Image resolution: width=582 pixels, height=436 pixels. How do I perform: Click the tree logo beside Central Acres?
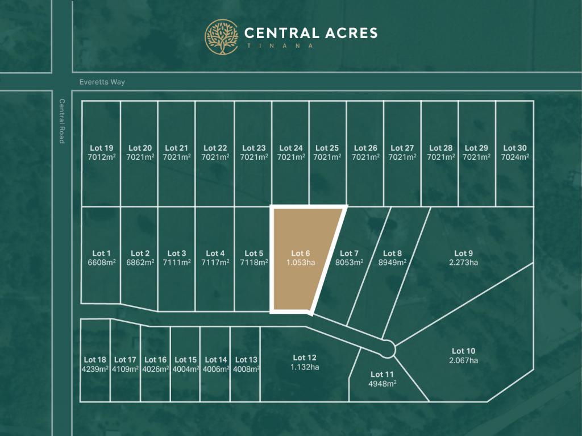click(x=222, y=37)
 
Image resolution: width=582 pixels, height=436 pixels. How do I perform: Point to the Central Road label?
click(x=61, y=121)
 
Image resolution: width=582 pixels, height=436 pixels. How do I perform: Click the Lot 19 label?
click(x=101, y=148)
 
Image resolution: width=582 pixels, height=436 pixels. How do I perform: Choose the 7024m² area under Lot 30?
click(x=515, y=157)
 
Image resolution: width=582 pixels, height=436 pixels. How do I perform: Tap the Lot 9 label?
click(x=463, y=254)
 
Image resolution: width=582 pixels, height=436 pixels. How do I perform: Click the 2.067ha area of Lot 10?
click(x=463, y=360)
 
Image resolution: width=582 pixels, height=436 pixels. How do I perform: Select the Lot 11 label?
click(x=382, y=374)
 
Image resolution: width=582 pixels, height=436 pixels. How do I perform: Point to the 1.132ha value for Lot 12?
click(x=305, y=367)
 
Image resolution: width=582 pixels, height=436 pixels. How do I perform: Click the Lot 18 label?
click(x=95, y=360)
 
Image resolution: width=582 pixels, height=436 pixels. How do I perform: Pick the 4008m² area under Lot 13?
click(x=246, y=369)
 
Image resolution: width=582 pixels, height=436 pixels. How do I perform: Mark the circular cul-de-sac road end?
click(x=388, y=348)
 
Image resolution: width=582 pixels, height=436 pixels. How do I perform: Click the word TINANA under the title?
click(x=279, y=45)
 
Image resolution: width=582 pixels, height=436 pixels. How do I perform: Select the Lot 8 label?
click(x=392, y=254)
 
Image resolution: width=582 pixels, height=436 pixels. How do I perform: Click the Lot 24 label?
click(x=290, y=148)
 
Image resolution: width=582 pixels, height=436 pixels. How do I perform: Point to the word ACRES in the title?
click(x=349, y=32)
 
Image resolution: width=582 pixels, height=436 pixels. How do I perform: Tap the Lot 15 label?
click(x=185, y=360)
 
